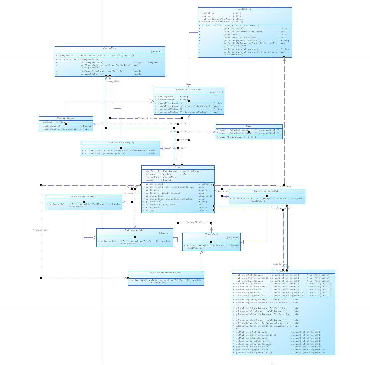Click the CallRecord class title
tap(245, 9)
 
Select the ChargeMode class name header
tap(110, 48)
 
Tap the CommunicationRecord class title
tap(189, 90)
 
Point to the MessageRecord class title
tap(66, 118)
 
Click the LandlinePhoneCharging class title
tap(120, 143)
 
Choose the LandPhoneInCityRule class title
tap(267, 191)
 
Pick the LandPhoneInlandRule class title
tap(83, 197)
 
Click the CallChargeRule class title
tap(134, 230)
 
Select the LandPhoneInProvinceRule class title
tap(165, 273)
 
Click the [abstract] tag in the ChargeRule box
tap(233, 238)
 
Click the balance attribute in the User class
tap(150, 174)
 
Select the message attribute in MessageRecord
tap(48, 122)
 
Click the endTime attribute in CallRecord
tap(207, 16)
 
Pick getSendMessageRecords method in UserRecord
tap(252, 350)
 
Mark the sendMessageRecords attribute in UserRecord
tap(248, 293)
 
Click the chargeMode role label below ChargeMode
tap(114, 81)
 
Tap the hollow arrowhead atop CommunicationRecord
tap(189, 86)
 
